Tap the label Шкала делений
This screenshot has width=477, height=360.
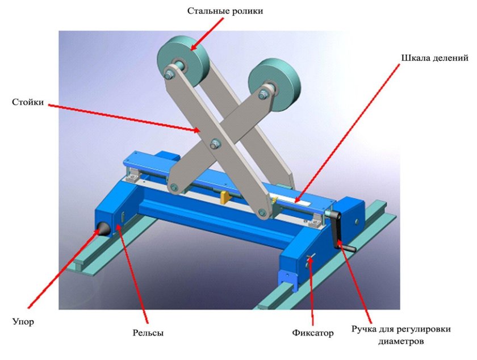(x=434, y=58)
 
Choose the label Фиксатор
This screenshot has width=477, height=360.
(x=314, y=333)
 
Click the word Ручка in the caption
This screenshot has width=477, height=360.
(x=365, y=329)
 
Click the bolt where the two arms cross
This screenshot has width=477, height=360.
(x=215, y=144)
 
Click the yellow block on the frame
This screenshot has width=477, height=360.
(x=224, y=196)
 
